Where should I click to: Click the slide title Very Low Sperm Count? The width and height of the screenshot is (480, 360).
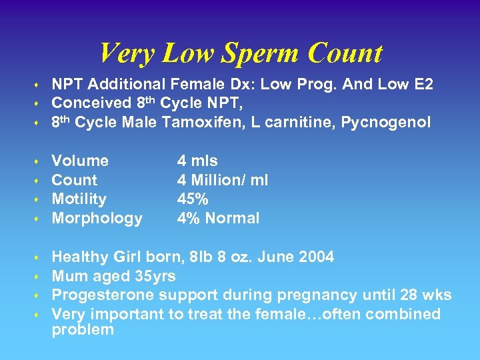click(240, 53)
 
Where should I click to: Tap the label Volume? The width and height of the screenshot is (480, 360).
click(80, 161)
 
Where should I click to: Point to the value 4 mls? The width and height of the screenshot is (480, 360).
click(197, 161)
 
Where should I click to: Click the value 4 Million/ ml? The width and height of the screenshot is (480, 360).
click(222, 180)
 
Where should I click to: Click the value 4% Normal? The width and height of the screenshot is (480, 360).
click(218, 218)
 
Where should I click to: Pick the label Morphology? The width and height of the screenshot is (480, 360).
click(97, 218)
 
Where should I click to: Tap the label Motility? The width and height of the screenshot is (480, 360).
click(79, 199)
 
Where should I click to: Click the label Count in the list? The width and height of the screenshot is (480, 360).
click(74, 180)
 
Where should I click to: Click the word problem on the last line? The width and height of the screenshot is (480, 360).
click(83, 330)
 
